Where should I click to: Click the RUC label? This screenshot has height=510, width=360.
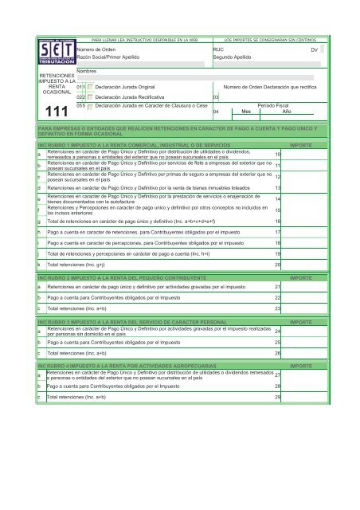[x=218, y=49]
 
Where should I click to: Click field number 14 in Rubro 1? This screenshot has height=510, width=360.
[x=276, y=198]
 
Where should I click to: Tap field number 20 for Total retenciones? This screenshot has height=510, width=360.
[x=277, y=264]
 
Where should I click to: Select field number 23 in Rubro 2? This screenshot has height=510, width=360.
[x=277, y=308]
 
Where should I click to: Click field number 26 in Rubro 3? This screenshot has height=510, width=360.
[x=277, y=351]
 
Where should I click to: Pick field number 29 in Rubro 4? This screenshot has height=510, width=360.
[x=277, y=396]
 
